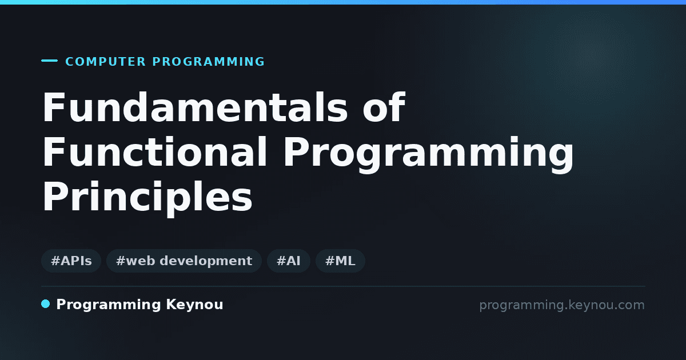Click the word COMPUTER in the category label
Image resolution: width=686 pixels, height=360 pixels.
click(106, 62)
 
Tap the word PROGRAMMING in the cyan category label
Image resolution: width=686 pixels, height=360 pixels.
click(209, 62)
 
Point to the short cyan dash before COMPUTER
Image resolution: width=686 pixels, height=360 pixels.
click(49, 61)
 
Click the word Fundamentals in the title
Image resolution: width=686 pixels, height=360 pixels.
click(195, 107)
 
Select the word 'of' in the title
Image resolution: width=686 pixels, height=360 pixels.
click(384, 107)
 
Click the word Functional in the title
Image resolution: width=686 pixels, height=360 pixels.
click(155, 152)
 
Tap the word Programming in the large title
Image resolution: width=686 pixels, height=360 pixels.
click(428, 155)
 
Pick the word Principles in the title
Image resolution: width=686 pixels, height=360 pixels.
click(147, 198)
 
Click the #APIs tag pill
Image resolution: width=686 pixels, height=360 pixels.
click(71, 261)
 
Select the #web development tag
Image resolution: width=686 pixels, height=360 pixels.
click(184, 261)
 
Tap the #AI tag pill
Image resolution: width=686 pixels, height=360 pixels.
click(289, 261)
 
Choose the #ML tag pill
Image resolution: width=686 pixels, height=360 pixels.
click(340, 261)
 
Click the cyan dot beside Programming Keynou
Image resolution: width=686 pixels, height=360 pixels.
click(46, 304)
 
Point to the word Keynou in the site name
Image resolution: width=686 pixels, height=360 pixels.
click(194, 305)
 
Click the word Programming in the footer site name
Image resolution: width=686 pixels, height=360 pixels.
click(109, 305)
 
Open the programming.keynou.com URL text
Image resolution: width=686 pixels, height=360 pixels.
click(562, 306)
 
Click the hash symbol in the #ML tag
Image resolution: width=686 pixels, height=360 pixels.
click(329, 261)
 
